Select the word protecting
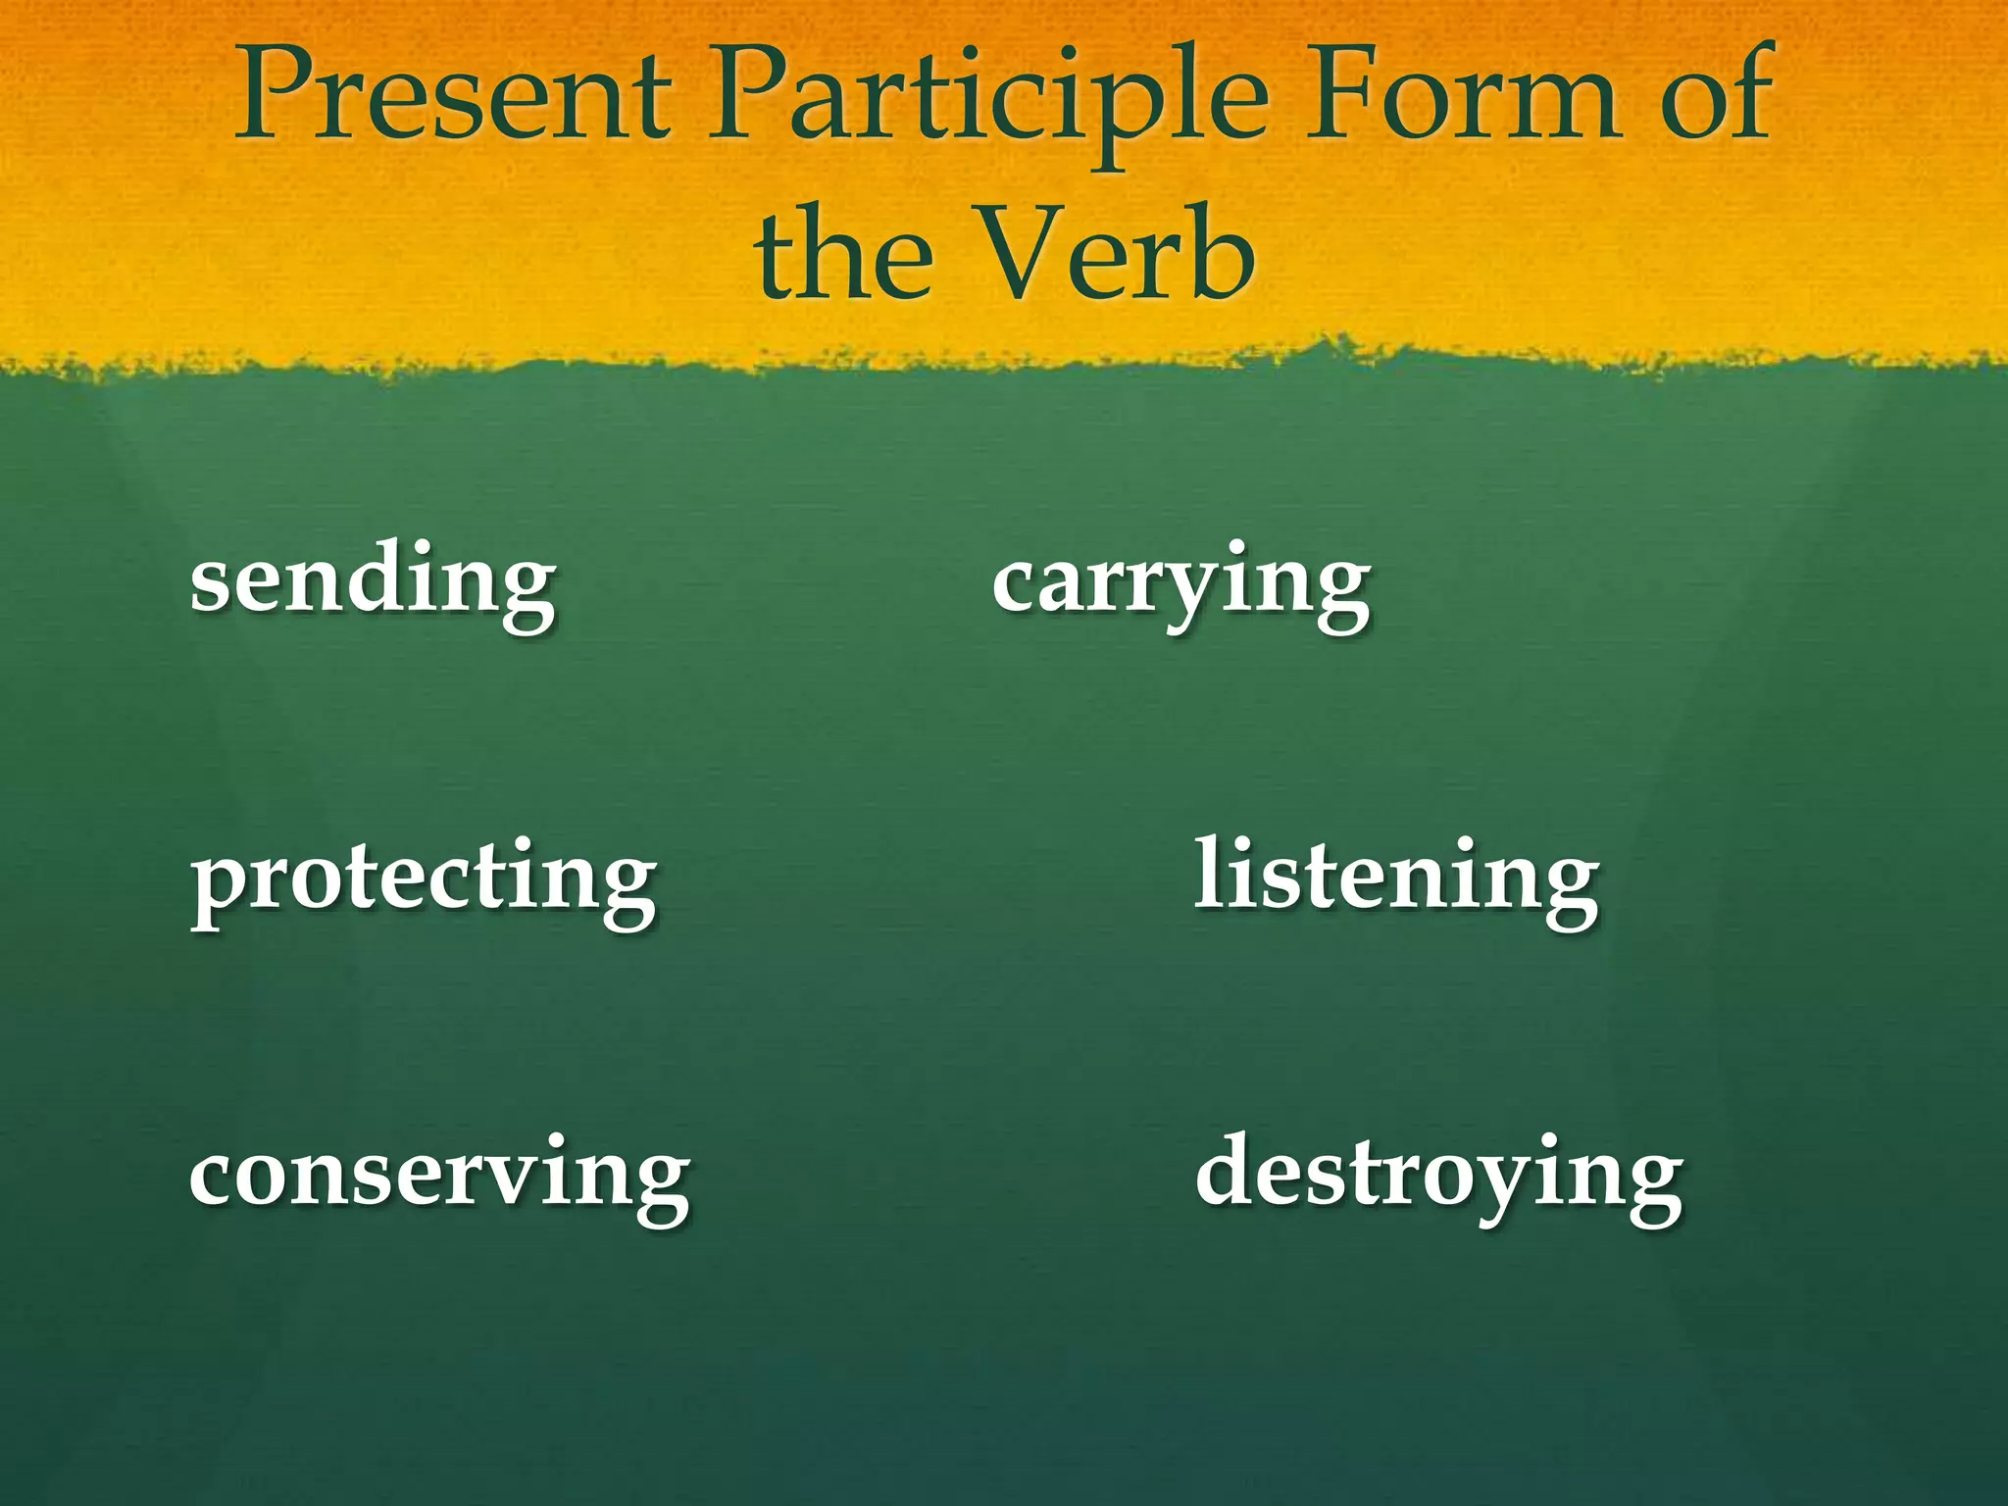coord(424,879)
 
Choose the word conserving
coord(439,1176)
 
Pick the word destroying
coord(1439,1176)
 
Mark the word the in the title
coord(843,257)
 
